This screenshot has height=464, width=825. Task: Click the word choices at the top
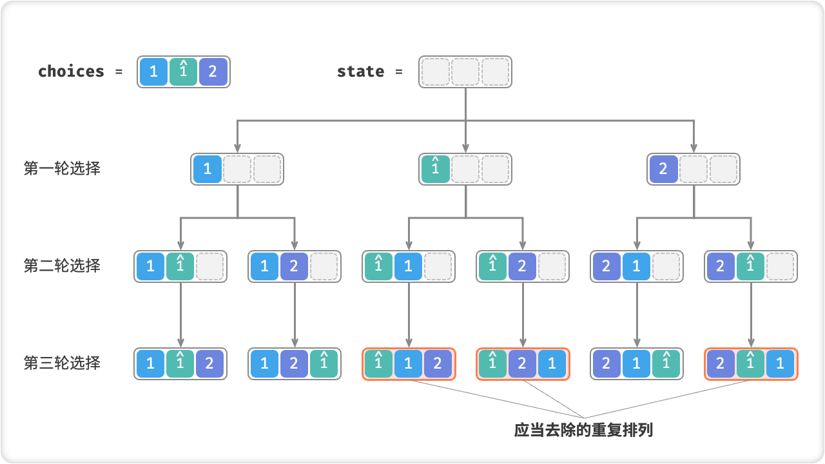[x=71, y=72]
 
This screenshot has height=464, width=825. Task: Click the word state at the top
[x=360, y=72]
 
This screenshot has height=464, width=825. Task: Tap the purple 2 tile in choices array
[x=213, y=72]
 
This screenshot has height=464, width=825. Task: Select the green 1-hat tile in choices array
[x=183, y=72]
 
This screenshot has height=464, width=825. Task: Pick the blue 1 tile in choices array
[x=153, y=72]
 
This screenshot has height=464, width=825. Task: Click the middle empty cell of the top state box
[x=465, y=72]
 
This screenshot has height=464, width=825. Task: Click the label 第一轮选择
[x=62, y=169]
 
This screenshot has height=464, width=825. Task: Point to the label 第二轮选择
[x=62, y=266]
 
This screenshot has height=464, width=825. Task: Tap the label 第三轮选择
[x=62, y=363]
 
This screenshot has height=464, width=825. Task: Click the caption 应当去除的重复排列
[x=583, y=430]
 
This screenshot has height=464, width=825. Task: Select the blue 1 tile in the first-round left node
[x=207, y=169]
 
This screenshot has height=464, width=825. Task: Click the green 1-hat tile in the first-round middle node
[x=435, y=169]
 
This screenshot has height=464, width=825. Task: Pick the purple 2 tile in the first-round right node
[x=663, y=169]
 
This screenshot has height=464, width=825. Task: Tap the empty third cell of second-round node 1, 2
[x=324, y=266]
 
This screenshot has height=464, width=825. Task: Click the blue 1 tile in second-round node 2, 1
[x=636, y=266]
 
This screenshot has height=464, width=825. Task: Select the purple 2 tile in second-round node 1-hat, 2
[x=522, y=266]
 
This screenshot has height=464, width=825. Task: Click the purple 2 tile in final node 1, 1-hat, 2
[x=209, y=364]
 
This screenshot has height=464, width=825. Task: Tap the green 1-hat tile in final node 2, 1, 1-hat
[x=666, y=364]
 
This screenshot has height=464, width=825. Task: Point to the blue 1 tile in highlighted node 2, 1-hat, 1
[x=780, y=364]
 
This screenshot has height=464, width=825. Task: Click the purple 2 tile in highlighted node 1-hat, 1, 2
[x=438, y=364]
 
